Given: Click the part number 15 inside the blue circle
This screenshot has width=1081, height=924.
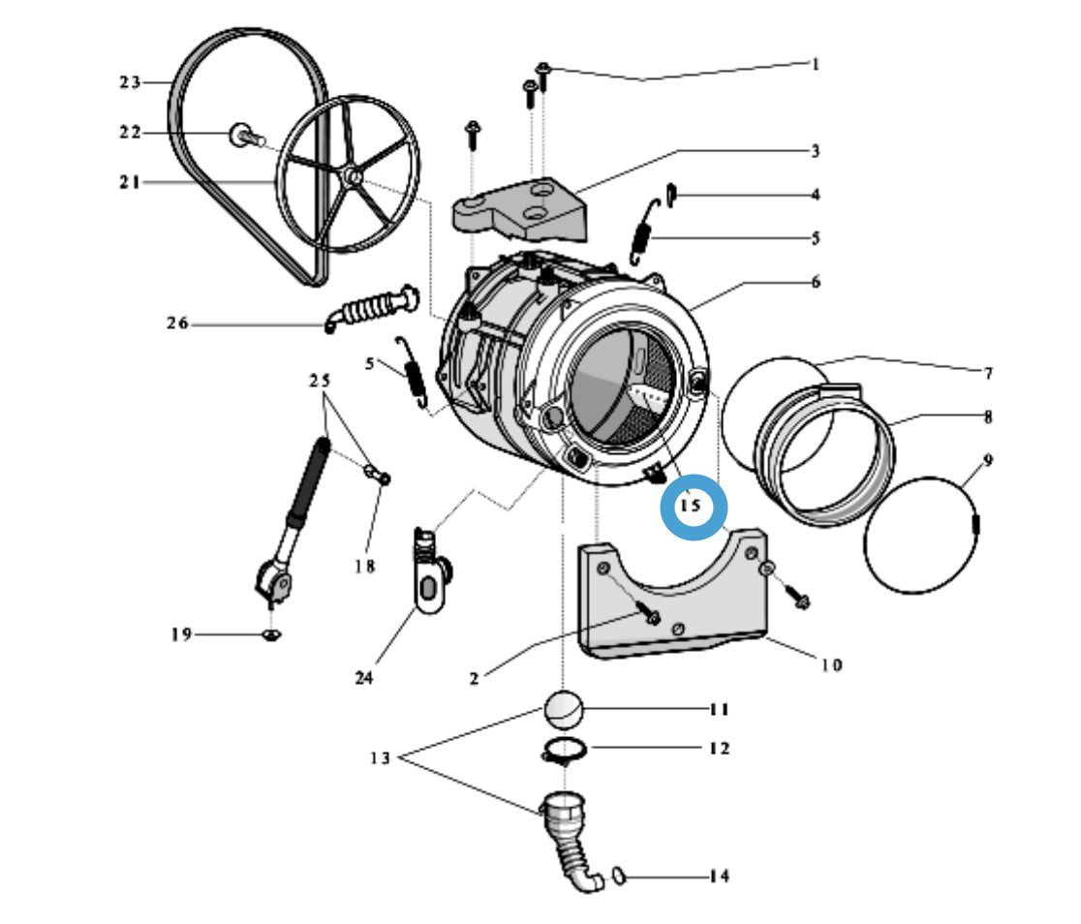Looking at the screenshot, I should click(x=692, y=506).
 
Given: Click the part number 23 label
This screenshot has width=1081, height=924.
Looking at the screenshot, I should click(x=130, y=82).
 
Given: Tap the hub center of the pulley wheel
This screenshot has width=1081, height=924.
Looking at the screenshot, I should click(x=354, y=178).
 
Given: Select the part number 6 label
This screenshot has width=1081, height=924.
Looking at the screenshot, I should click(x=816, y=282).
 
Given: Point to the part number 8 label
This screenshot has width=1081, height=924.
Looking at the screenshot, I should click(x=988, y=418).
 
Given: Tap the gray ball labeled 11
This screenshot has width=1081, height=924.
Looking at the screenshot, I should click(x=563, y=710).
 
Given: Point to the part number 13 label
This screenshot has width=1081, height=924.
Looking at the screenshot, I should click(x=379, y=758).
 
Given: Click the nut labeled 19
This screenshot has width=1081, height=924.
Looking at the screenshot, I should click(x=272, y=634).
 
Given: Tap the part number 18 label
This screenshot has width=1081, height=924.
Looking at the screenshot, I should click(x=364, y=567).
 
